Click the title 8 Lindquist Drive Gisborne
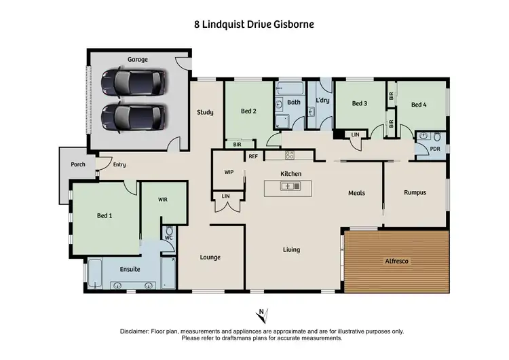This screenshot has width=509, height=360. click(x=254, y=24)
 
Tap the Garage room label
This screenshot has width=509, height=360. click(x=138, y=60)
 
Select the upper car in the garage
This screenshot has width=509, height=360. click(x=132, y=84)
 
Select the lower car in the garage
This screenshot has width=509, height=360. click(x=132, y=118)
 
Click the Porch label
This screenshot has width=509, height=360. click(x=77, y=164)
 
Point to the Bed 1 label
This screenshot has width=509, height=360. click(x=104, y=215)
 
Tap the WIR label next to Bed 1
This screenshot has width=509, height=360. click(x=162, y=200)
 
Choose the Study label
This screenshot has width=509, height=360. click(x=206, y=112)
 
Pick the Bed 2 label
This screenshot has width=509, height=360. click(x=248, y=111)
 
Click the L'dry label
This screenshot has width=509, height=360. click(x=322, y=101)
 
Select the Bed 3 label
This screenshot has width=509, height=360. click(x=360, y=103)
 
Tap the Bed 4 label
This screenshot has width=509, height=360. click(x=419, y=105)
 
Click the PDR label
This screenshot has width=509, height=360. click(x=426, y=148)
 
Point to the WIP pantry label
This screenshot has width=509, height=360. click(x=229, y=172)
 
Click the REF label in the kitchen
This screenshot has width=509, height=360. click(x=252, y=156)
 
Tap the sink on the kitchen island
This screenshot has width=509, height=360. click(x=290, y=185)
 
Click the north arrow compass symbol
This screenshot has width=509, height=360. click(x=263, y=314)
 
